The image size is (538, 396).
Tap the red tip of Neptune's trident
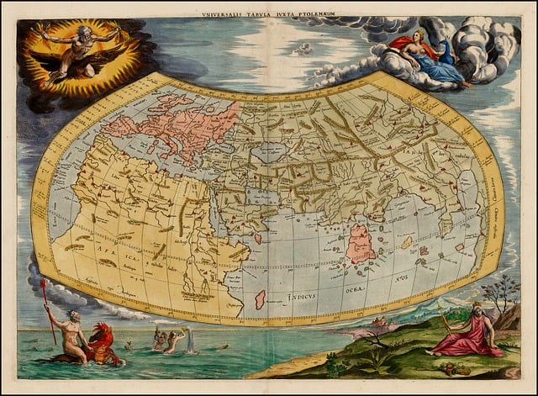42,285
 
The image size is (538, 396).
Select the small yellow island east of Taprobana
407,242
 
